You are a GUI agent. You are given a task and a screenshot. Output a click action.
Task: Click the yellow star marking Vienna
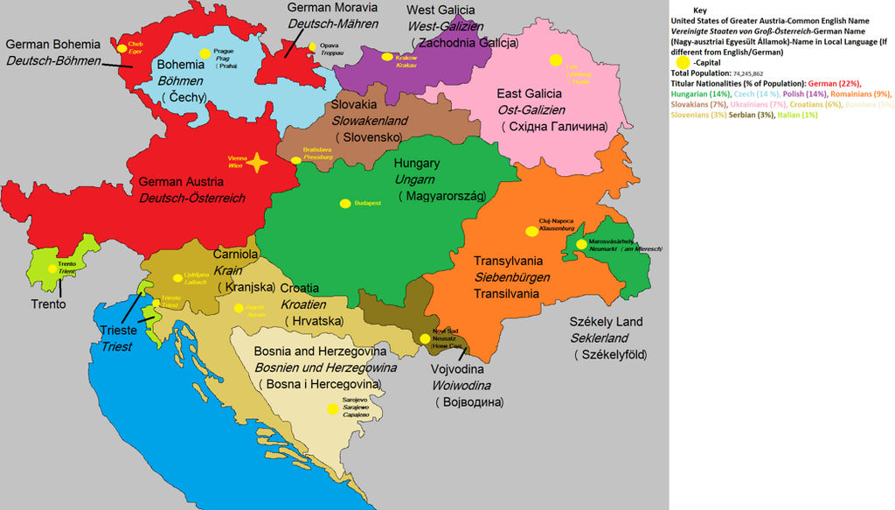click(x=256, y=163)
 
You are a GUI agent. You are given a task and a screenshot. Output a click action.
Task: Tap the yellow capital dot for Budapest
click(x=345, y=203)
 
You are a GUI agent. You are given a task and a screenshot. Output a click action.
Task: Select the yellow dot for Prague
click(x=205, y=53)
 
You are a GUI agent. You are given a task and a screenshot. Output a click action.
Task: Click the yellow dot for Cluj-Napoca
click(x=531, y=231)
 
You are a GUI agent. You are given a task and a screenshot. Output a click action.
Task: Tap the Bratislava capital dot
click(x=295, y=159)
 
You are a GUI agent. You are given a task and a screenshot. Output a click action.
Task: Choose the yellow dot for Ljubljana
click(x=178, y=277)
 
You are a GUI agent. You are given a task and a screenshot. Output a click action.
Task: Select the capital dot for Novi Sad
click(x=425, y=339)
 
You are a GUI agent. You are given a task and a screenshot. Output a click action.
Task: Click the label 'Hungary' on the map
click(x=416, y=164)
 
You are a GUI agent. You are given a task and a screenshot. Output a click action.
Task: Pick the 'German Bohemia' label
click(x=52, y=44)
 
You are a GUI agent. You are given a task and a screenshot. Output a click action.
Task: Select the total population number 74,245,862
click(x=764, y=74)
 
